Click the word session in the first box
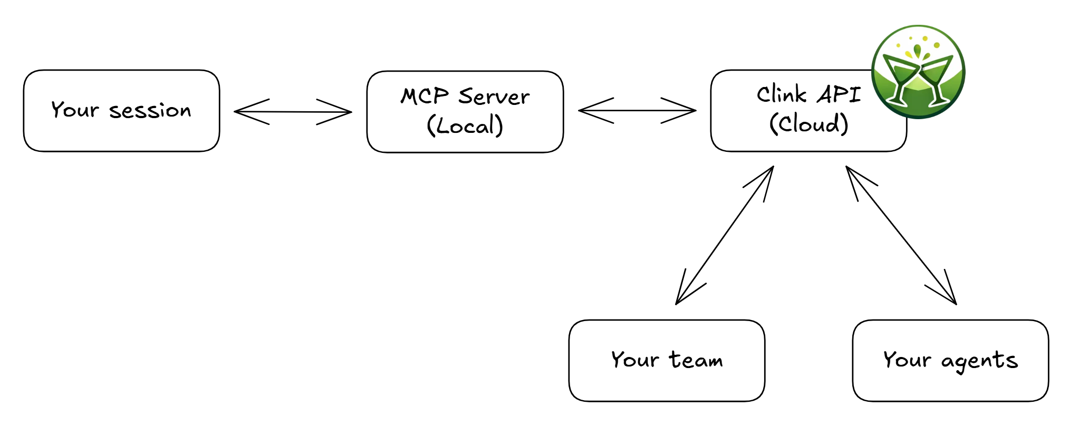point(150,111)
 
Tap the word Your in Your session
point(75,110)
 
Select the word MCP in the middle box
point(425,96)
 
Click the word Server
point(494,97)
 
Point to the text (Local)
point(465,125)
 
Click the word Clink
point(782,95)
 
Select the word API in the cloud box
point(840,95)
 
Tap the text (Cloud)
point(808,124)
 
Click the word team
point(696,360)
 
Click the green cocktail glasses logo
point(918,72)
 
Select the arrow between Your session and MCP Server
point(293,112)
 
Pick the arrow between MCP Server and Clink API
point(637,111)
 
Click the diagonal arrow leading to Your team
point(725,235)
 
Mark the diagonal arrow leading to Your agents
point(901,235)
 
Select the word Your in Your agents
point(907,360)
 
